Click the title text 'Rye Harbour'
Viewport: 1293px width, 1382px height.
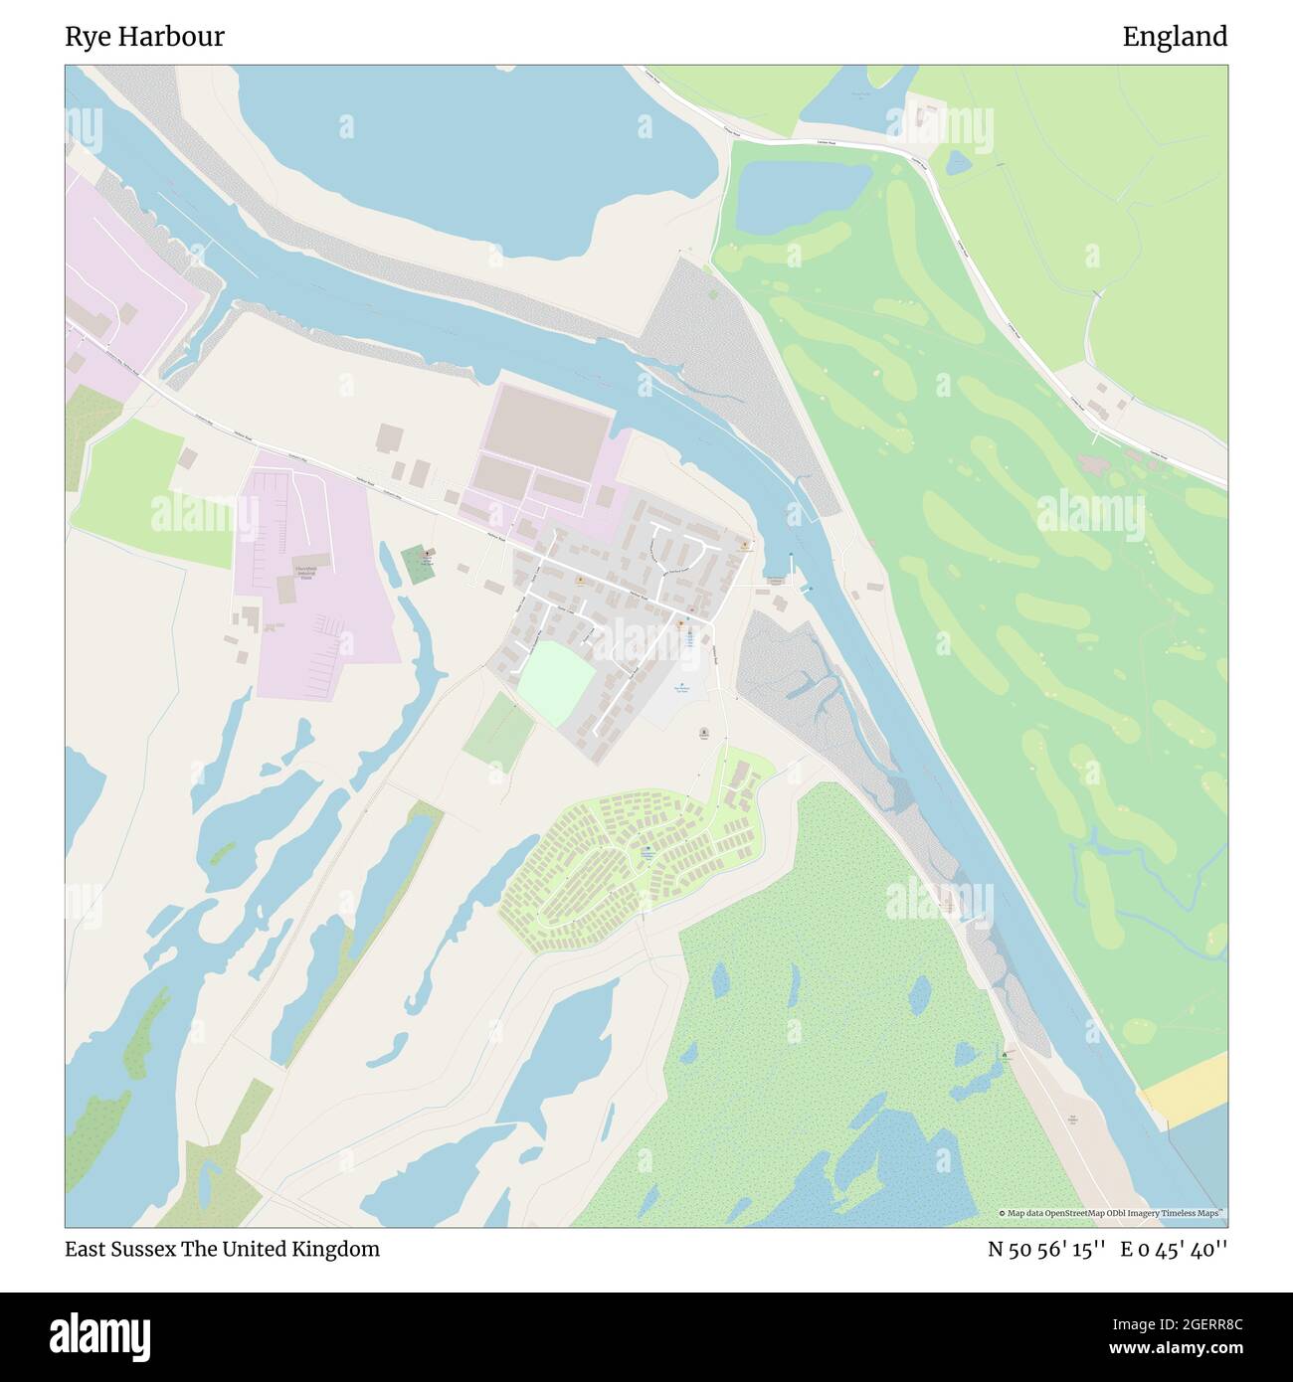tap(145, 37)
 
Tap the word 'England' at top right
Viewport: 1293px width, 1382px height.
tap(1175, 37)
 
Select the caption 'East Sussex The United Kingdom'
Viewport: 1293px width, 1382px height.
tap(223, 1249)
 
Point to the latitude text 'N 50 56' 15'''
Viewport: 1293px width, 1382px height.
tap(1046, 1250)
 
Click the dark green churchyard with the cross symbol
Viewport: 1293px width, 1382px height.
tap(420, 564)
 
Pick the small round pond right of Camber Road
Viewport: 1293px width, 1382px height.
tap(958, 161)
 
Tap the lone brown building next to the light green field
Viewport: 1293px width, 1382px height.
tap(188, 458)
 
